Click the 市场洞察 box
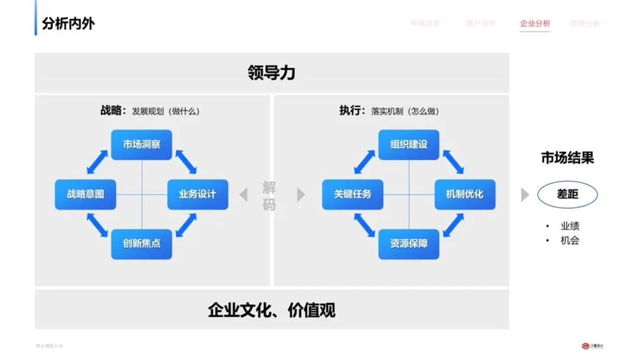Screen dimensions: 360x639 click(x=141, y=144)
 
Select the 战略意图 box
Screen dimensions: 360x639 click(x=85, y=194)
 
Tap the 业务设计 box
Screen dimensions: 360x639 click(x=198, y=194)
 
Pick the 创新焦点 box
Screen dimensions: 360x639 click(x=141, y=244)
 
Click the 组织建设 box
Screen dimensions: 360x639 click(x=409, y=144)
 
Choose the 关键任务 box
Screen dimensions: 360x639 click(x=353, y=194)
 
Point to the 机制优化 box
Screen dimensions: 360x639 click(x=465, y=194)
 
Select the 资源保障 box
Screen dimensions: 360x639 click(x=409, y=244)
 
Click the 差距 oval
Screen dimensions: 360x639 click(x=567, y=194)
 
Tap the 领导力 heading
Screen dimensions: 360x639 click(x=272, y=73)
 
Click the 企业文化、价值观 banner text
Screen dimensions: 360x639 click(x=272, y=310)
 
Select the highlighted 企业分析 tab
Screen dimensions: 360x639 click(x=535, y=24)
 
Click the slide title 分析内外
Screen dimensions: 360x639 click(x=68, y=24)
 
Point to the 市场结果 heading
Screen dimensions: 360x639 click(x=567, y=158)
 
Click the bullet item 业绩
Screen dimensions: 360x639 click(x=570, y=226)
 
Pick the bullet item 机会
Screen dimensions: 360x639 click(x=570, y=240)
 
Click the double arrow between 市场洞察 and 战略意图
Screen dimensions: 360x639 click(x=98, y=162)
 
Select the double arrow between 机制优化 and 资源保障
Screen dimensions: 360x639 click(x=453, y=226)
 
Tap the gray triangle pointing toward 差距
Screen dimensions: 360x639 click(x=525, y=194)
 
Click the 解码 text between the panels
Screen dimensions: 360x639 click(x=269, y=196)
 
